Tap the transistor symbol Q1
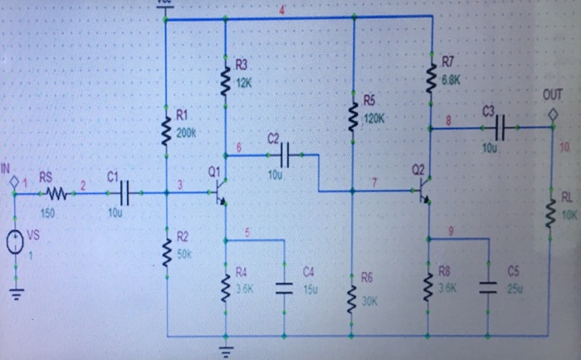click(220, 193)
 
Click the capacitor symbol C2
click(287, 154)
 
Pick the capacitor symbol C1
click(124, 193)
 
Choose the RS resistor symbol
click(57, 193)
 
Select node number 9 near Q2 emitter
click(450, 231)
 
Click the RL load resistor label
click(567, 197)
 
